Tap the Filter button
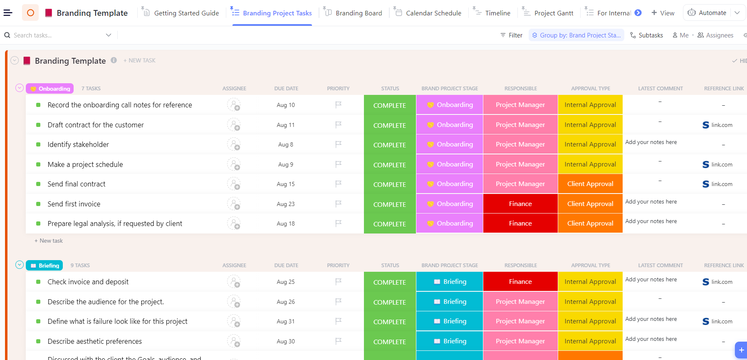[512, 35]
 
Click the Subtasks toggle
[647, 35]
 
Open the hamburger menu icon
[8, 13]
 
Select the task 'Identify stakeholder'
[78, 144]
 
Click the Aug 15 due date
[286, 184]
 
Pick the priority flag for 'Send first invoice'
[339, 204]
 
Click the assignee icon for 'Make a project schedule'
[234, 164]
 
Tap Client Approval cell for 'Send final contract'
[590, 184]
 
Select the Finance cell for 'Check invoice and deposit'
[520, 282]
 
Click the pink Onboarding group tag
[50, 89]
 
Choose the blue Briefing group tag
[45, 266]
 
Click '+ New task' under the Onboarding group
[49, 241]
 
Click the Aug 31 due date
[286, 321]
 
